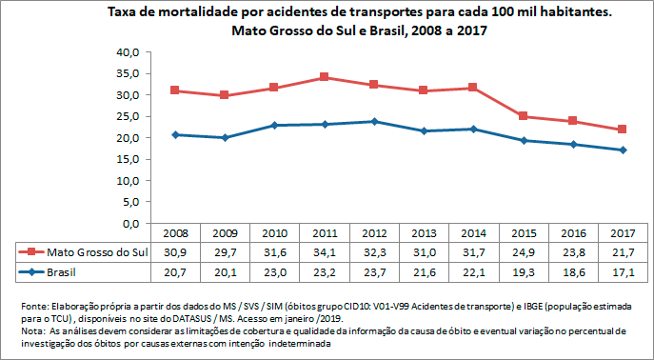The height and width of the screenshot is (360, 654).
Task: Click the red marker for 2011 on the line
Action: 324,77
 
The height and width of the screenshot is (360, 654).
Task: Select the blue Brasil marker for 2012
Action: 374,122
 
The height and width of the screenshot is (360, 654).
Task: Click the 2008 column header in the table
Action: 174,233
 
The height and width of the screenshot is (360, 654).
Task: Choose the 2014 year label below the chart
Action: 474,233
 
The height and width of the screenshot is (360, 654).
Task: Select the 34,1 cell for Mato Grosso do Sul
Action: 324,251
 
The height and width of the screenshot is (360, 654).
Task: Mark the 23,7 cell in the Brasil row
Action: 374,271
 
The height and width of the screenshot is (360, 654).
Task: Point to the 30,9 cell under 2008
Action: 174,251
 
